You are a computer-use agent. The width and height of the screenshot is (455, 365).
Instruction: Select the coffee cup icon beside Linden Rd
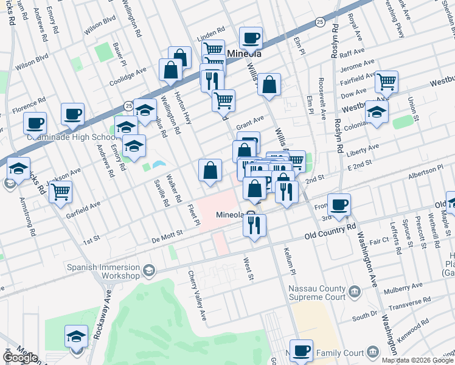tap(251, 39)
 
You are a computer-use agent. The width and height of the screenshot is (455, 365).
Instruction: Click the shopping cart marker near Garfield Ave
tap(60, 192)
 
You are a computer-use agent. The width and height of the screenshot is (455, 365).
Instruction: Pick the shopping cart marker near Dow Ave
tap(386, 82)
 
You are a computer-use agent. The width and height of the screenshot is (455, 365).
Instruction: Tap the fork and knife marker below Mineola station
tap(254, 225)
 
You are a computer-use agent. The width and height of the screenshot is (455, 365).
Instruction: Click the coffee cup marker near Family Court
tap(301, 351)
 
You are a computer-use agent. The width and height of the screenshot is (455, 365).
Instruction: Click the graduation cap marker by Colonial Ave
tap(377, 113)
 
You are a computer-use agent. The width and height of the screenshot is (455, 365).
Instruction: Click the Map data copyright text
tap(417, 360)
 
